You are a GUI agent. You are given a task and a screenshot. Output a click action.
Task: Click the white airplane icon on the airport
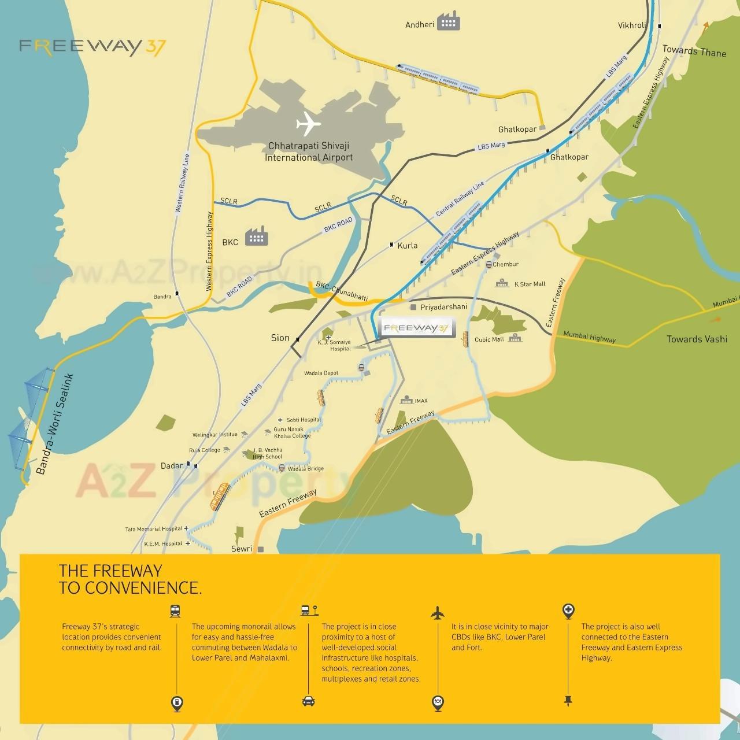[308, 124]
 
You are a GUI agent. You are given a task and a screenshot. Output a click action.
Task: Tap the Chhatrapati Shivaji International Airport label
[309, 152]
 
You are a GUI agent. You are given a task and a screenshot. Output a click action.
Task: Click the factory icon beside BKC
[256, 236]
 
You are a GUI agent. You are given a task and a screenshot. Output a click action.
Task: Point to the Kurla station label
[407, 246]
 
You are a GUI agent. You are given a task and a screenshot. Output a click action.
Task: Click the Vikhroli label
[631, 25]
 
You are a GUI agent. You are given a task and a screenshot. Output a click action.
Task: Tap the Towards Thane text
[694, 51]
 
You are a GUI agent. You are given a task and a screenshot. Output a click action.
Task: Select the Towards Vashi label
[697, 339]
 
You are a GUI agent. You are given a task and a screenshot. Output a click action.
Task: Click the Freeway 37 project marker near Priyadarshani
[416, 328]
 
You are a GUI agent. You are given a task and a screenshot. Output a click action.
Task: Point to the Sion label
[280, 338]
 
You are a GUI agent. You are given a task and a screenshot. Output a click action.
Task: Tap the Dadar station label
[172, 466]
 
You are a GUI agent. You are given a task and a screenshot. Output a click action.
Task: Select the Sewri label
[242, 549]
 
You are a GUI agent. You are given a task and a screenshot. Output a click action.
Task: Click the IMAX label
[421, 401]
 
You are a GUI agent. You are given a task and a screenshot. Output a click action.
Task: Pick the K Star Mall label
[530, 284]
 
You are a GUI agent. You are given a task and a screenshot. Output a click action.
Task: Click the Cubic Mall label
[489, 339]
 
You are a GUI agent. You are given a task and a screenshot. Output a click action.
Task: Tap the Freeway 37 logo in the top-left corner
[92, 46]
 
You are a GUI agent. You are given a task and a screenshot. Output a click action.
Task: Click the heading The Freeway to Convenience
[131, 579]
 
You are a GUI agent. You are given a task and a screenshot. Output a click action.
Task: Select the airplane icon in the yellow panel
[438, 612]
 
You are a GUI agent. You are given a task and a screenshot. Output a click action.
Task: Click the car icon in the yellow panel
[308, 702]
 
